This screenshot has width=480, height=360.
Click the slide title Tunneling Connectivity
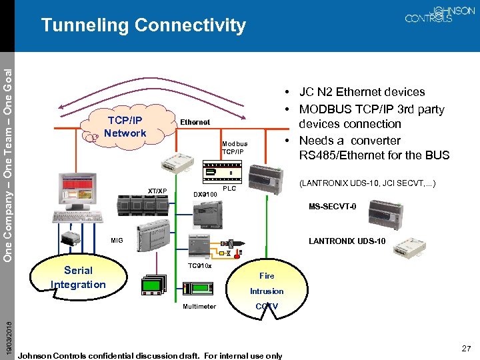[143, 26]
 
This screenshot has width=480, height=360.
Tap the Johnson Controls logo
[439, 15]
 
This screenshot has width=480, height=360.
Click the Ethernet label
[195, 122]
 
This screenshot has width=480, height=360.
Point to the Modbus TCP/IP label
[235, 147]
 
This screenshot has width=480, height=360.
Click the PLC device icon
[222, 173]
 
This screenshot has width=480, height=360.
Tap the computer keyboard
[78, 217]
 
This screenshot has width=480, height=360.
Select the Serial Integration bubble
[79, 277]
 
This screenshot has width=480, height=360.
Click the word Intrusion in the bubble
[267, 291]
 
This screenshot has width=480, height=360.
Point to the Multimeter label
[199, 307]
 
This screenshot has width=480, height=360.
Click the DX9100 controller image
[207, 215]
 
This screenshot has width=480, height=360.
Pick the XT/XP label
[157, 191]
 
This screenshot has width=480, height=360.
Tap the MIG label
[117, 240]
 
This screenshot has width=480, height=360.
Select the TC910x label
[199, 266]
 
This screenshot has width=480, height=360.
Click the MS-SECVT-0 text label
[333, 206]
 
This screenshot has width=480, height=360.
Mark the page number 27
[466, 349]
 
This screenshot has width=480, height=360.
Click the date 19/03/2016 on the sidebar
[8, 337]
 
